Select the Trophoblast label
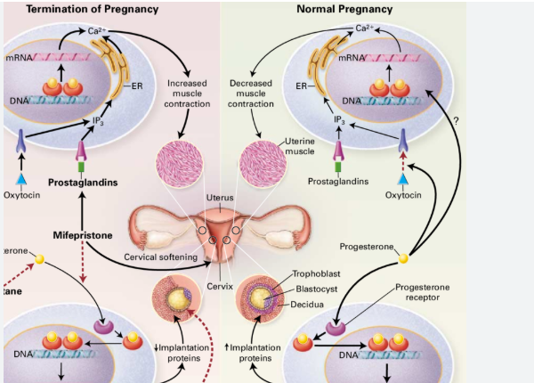(317, 275)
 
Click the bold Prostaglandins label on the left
(84, 183)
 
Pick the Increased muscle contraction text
(187, 94)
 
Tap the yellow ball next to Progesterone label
(403, 258)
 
